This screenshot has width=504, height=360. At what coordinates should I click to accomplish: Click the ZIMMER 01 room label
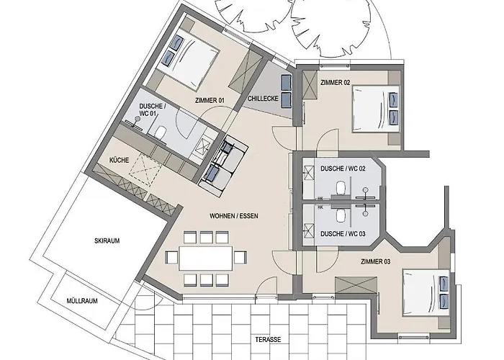click(210, 101)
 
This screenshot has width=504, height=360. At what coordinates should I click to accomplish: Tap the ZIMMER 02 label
click(336, 83)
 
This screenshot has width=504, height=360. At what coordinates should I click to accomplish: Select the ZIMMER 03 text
click(375, 261)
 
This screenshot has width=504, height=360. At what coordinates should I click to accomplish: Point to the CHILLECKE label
click(263, 99)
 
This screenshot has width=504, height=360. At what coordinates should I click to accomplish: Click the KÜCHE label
click(120, 160)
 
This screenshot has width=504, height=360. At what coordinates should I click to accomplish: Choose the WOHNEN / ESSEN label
click(234, 216)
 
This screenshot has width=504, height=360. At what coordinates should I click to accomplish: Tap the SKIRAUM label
click(107, 240)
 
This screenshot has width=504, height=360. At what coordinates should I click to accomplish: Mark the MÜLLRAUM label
click(82, 301)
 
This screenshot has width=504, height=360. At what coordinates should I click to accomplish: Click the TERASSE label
click(268, 339)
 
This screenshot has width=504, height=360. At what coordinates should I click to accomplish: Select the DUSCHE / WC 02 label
click(343, 168)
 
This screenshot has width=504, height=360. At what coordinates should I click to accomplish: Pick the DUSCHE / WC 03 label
click(343, 234)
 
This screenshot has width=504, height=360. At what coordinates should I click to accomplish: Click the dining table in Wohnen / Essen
click(206, 258)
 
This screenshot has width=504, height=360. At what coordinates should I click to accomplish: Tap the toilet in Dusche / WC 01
click(160, 132)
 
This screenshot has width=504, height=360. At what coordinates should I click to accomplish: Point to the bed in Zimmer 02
click(376, 109)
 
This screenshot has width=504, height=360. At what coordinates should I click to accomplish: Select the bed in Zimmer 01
click(187, 59)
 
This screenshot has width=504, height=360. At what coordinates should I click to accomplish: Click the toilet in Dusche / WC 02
click(341, 189)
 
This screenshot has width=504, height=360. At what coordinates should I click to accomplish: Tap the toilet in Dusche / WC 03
click(341, 215)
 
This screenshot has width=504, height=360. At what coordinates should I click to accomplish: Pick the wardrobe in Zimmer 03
click(356, 284)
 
